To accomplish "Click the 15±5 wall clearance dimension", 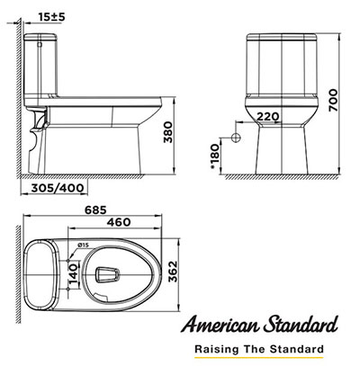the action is pyautogui.click(x=51, y=17).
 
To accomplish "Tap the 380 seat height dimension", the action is pyautogui.click(x=168, y=132).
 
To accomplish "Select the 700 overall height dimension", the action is pyautogui.click(x=333, y=101).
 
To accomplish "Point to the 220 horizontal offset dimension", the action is pyautogui.click(x=268, y=116).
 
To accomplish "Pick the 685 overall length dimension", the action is pyautogui.click(x=95, y=210).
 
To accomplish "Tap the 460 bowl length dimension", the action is pyautogui.click(x=119, y=222).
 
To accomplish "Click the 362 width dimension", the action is pyautogui.click(x=173, y=272).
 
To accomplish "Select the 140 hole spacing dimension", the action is pyautogui.click(x=73, y=274).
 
